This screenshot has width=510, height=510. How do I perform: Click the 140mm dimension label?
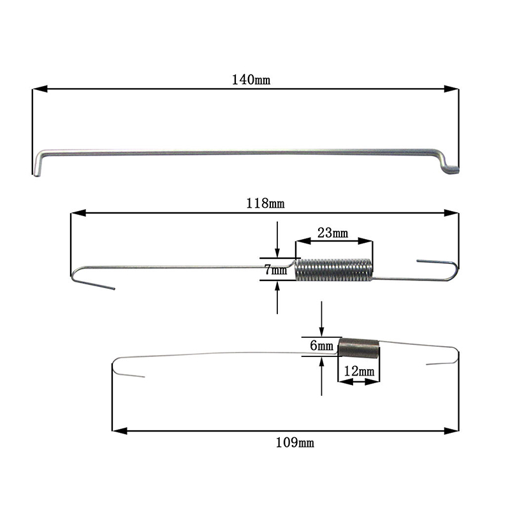(251, 80)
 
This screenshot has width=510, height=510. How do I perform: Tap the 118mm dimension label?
(265, 203)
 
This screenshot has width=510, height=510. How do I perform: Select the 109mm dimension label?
(295, 442)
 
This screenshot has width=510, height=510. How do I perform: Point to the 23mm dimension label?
(332, 233)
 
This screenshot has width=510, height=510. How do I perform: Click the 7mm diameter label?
(275, 269)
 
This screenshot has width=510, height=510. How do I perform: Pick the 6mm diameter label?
(322, 346)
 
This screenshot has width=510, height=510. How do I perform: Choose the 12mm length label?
(359, 371)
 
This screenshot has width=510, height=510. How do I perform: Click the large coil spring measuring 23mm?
(333, 270)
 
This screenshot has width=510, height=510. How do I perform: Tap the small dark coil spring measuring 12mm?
(359, 348)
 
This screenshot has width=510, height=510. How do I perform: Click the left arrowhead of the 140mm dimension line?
(40, 89)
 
